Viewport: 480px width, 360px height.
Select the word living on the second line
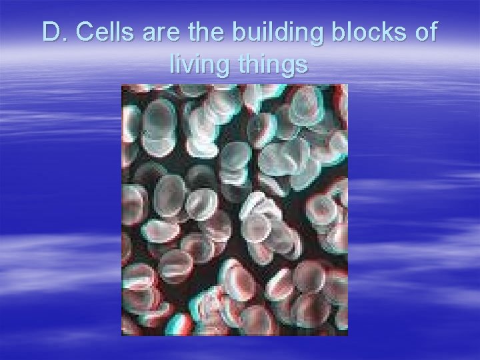tap(197, 66)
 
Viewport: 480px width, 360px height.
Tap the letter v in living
tap(191, 66)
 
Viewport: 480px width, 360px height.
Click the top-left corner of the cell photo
tap(121, 85)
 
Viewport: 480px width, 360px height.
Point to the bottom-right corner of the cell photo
tap(349, 335)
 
